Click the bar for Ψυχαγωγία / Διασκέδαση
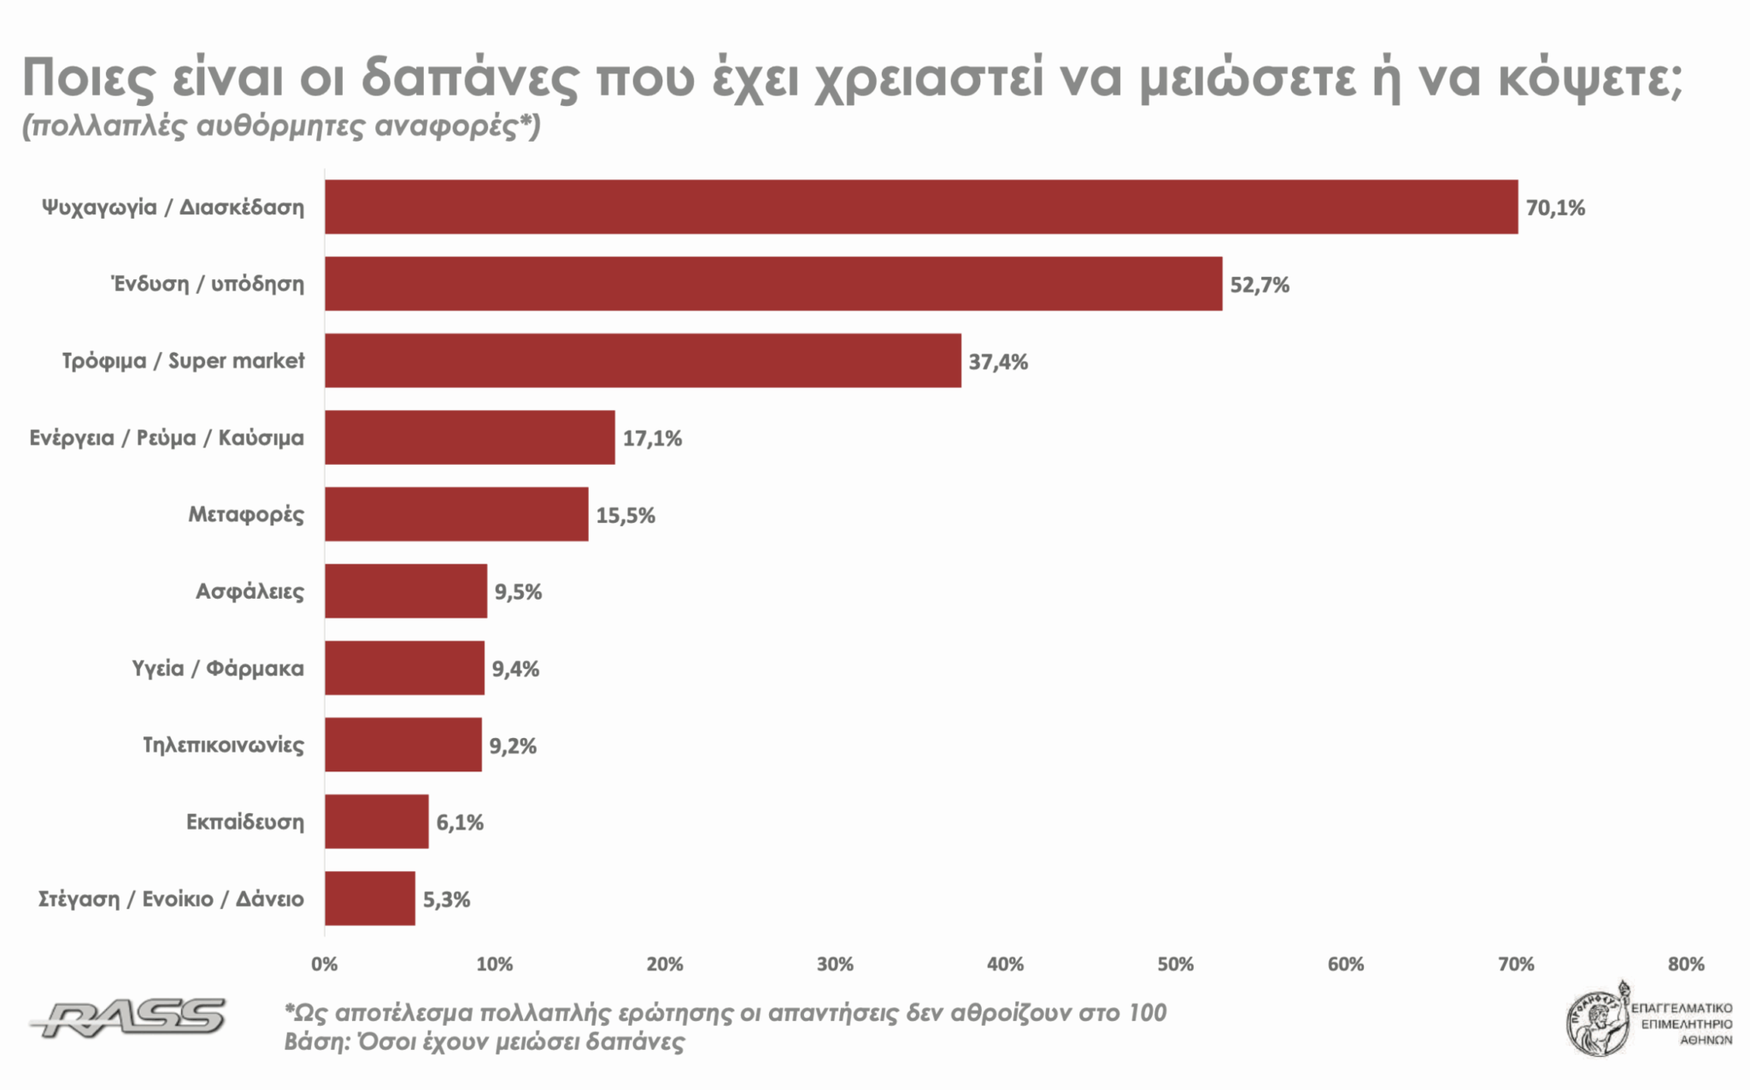click(x=921, y=207)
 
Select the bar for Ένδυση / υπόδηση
click(x=773, y=284)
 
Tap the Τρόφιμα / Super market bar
click(x=643, y=360)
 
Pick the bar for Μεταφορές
click(x=456, y=514)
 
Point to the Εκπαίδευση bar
click(x=376, y=822)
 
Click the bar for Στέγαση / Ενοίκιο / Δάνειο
click(x=369, y=899)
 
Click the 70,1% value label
click(x=1555, y=208)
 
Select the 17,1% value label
click(x=652, y=438)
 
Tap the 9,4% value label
click(x=515, y=669)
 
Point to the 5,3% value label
click(x=446, y=900)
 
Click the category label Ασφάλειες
click(x=250, y=591)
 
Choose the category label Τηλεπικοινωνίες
click(x=223, y=745)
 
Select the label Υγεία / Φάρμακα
click(x=218, y=668)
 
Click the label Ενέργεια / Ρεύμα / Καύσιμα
click(x=167, y=437)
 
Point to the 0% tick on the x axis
click(x=325, y=964)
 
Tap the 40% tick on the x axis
click(x=1005, y=964)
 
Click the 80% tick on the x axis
click(x=1686, y=964)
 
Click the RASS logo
click(x=128, y=1017)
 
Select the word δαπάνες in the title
click(x=470, y=79)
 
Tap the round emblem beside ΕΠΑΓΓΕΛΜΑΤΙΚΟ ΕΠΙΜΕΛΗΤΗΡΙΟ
click(x=1596, y=1022)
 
